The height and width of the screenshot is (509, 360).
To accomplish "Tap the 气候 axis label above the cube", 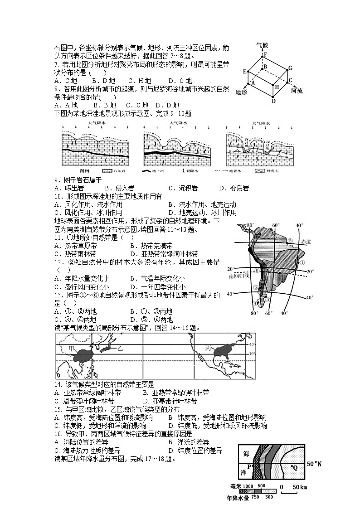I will click(x=262, y=45).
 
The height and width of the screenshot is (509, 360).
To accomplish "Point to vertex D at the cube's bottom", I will click(x=273, y=101).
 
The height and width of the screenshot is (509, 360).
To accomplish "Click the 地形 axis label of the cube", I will click(x=242, y=92).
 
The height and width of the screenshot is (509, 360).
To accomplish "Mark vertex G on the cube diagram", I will click(x=290, y=68).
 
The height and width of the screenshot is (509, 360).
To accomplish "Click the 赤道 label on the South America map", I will click(x=305, y=242).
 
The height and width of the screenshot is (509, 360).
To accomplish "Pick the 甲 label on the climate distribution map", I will click(x=70, y=347).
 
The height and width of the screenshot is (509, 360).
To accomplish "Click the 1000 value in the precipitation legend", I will click(x=248, y=486).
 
